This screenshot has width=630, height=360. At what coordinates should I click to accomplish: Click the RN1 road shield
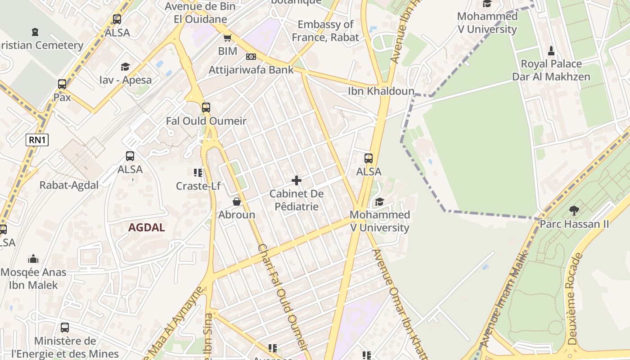click(x=37, y=140)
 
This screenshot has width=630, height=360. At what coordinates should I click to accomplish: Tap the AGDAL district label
click(x=146, y=227)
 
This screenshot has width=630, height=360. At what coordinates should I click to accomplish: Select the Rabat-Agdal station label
click(x=69, y=185)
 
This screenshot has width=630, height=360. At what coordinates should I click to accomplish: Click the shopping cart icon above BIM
click(x=228, y=38)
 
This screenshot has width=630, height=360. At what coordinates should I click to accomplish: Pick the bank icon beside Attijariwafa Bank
click(x=251, y=57)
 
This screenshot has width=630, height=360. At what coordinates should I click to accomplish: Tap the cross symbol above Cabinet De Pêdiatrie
click(x=297, y=180)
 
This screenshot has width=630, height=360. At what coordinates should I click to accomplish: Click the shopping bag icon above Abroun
click(x=237, y=202)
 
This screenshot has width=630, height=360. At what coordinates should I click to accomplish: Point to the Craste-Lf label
click(x=198, y=185)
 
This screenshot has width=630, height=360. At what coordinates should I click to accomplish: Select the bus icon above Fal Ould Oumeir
click(x=206, y=108)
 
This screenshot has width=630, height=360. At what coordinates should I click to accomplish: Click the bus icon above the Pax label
click(x=62, y=84)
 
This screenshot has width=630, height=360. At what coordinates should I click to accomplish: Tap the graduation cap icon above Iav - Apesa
click(x=125, y=67)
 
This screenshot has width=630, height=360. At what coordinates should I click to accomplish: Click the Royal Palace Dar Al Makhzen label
click(x=551, y=70)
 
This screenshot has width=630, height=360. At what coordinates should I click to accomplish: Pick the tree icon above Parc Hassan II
click(x=574, y=210)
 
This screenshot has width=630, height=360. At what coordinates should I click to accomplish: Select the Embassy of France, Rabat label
click(x=325, y=31)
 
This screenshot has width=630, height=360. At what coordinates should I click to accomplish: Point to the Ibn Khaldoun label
click(x=381, y=91)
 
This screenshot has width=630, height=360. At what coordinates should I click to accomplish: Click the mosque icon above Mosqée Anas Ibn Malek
click(x=33, y=259)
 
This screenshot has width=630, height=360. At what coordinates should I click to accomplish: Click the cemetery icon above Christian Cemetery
click(x=35, y=32)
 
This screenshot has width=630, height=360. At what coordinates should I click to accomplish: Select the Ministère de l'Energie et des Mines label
click(x=65, y=347)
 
